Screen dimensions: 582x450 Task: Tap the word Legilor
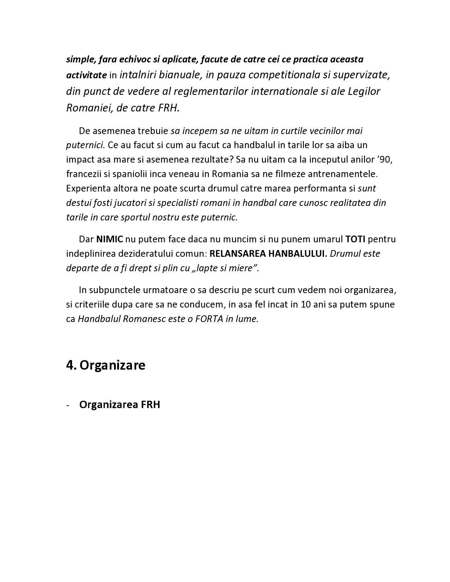click(x=364, y=91)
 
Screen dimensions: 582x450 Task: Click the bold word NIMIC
click(x=109, y=239)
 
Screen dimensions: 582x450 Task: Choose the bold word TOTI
click(x=355, y=239)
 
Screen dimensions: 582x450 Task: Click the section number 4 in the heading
click(x=70, y=365)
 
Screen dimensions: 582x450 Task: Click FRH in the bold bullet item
click(x=151, y=405)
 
